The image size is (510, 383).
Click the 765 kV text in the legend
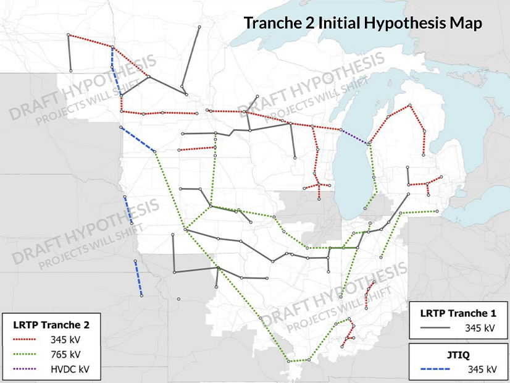coord(67,355)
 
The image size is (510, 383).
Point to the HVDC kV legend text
coord(70,369)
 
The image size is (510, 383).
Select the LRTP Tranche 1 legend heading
coord(458,311)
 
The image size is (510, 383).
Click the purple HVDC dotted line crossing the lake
coord(355,137)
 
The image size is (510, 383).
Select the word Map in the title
coord(466,23)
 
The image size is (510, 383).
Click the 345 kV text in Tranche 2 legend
coord(67,340)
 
